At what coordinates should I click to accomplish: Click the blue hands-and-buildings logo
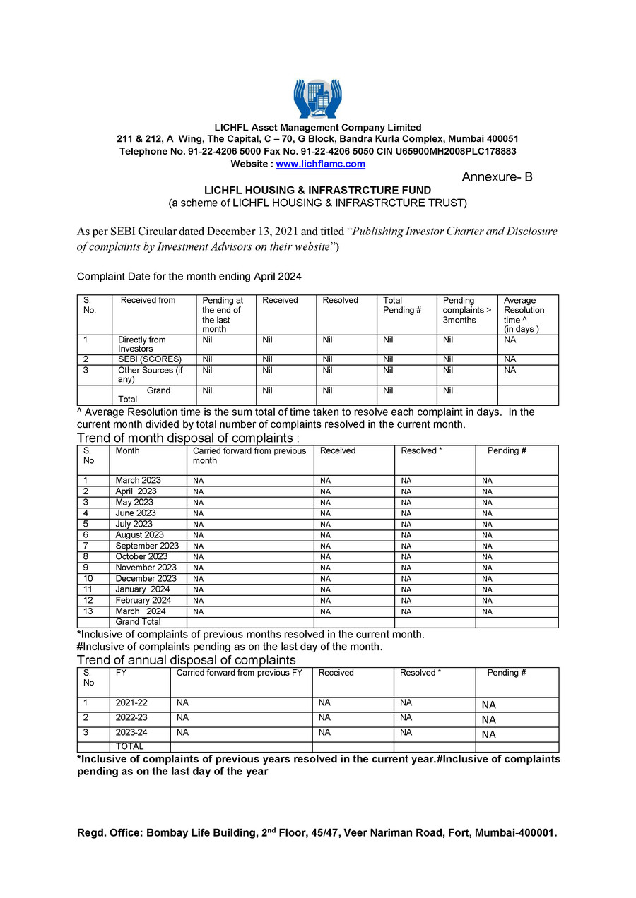(317, 98)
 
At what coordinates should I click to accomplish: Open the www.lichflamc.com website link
(320, 164)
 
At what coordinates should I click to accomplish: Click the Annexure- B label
(497, 177)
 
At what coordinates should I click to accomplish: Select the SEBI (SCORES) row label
(150, 359)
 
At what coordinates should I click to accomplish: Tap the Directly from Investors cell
(141, 345)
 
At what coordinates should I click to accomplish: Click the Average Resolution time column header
(524, 315)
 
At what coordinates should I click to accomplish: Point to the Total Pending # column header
(399, 305)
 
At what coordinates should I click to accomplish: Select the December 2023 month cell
(146, 579)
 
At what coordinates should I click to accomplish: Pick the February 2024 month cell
(143, 601)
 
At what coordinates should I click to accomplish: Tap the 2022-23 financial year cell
(131, 718)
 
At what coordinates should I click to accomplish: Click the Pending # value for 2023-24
(489, 734)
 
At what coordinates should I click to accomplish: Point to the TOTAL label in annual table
(129, 746)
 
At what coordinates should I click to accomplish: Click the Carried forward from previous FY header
(239, 673)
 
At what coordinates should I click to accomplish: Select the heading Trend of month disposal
(188, 438)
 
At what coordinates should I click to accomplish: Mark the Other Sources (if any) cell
(150, 375)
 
